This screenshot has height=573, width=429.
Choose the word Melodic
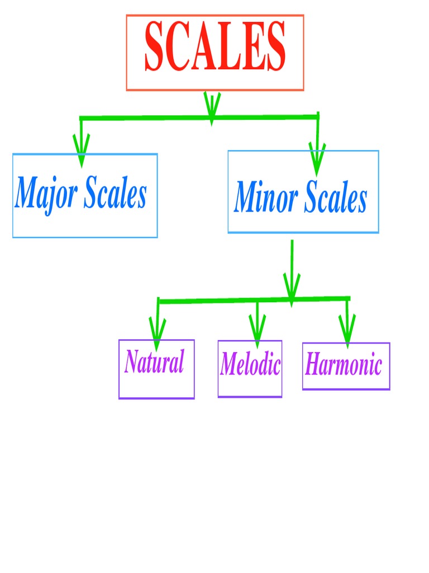[x=250, y=365]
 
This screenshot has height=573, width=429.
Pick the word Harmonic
[x=344, y=365]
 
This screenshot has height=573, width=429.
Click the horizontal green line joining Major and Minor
[x=145, y=118]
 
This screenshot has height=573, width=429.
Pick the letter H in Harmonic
[x=313, y=365]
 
